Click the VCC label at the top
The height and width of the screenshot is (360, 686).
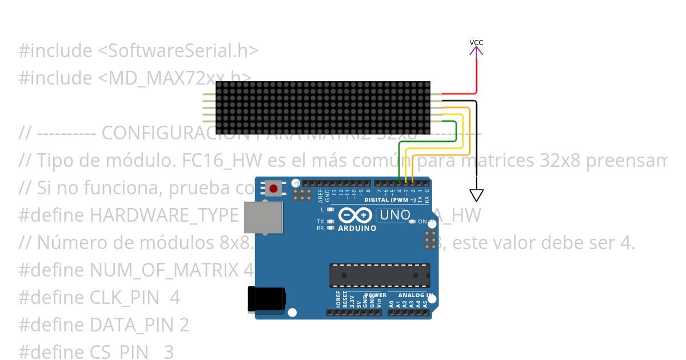click(x=476, y=42)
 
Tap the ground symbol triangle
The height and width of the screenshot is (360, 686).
click(x=476, y=195)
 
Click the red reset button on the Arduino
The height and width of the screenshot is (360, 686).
click(x=274, y=189)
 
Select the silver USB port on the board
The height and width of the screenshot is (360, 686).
click(x=264, y=217)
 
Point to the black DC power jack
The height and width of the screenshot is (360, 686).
click(x=266, y=299)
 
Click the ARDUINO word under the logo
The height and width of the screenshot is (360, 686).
click(x=357, y=228)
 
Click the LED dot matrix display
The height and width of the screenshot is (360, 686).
click(x=323, y=107)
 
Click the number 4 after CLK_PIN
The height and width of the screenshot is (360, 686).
click(x=175, y=298)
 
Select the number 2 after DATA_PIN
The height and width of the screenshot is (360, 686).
click(x=184, y=325)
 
